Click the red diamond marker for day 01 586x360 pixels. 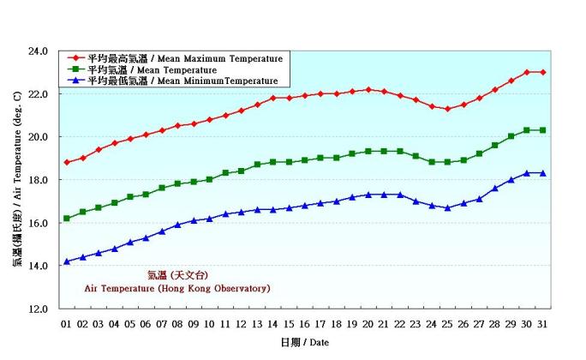click(67, 162)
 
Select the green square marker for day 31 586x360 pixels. click(543, 130)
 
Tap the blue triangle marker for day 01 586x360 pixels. click(67, 261)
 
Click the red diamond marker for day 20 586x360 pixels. click(368, 89)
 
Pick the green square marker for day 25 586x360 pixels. click(447, 162)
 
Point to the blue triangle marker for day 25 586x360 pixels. click(447, 207)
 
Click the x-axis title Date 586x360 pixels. click(303, 342)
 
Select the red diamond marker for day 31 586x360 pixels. click(543, 72)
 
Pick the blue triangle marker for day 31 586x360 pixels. click(543, 173)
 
